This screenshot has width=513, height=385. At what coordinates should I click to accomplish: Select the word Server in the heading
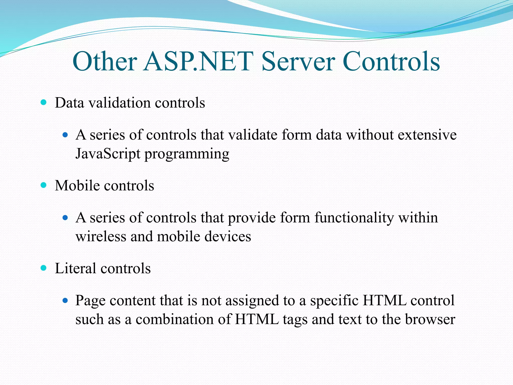coord(298,61)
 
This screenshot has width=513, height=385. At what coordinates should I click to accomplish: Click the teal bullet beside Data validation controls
coord(44,102)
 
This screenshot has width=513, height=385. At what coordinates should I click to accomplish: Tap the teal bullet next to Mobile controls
coord(44,185)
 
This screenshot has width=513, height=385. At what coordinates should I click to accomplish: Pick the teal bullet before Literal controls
coord(44,268)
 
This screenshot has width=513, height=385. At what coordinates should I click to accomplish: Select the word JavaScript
coord(108,154)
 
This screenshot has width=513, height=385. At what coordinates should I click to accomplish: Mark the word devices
coord(228,236)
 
